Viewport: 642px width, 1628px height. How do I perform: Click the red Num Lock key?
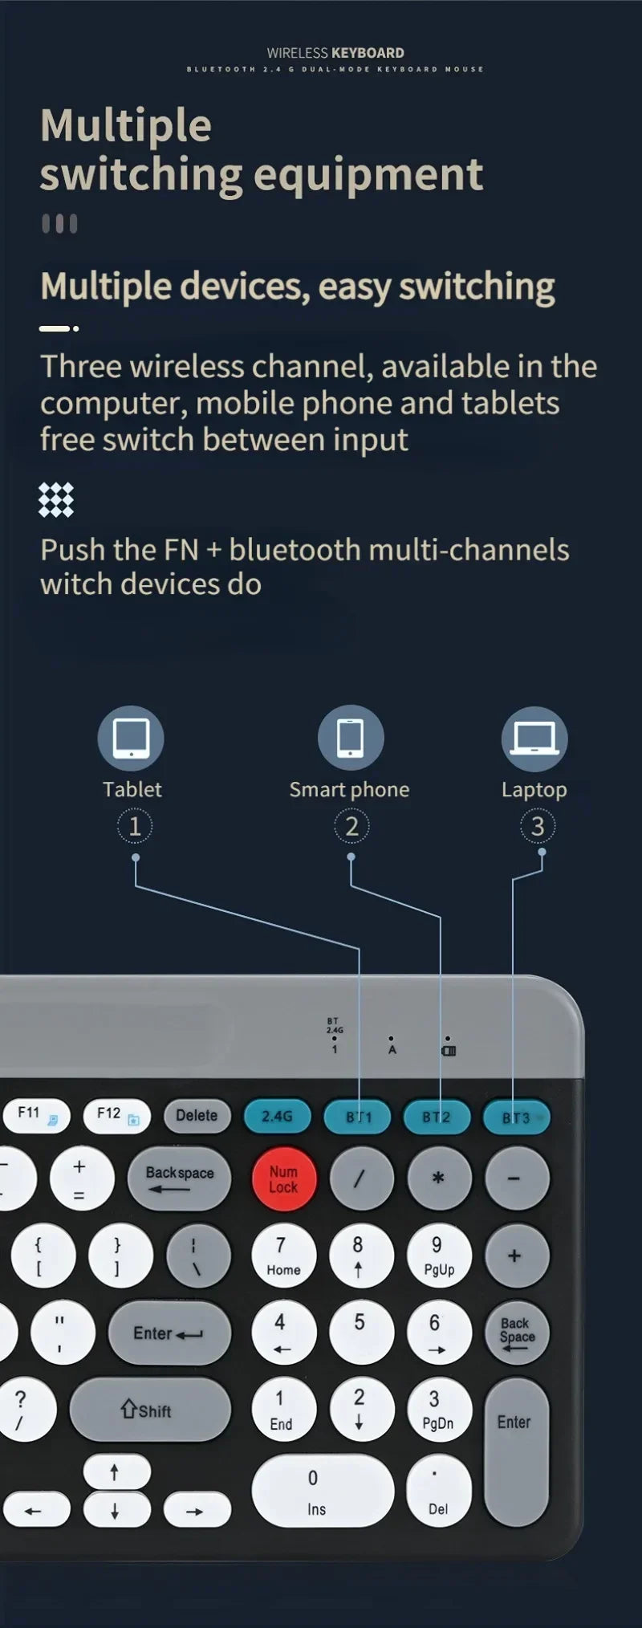point(283,1178)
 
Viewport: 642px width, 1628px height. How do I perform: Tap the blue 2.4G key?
point(277,1116)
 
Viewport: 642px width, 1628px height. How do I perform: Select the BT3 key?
point(516,1117)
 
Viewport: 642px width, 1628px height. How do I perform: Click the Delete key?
point(197,1115)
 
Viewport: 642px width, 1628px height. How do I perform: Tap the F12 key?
point(116,1115)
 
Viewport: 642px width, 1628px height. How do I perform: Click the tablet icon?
point(131,739)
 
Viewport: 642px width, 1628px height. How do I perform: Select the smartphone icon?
point(351,738)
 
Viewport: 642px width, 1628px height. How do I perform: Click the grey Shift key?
point(150,1410)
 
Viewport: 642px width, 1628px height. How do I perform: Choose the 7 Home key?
point(283,1256)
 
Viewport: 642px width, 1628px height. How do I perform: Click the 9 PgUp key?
point(439,1256)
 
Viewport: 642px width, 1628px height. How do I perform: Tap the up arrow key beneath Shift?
point(116,1471)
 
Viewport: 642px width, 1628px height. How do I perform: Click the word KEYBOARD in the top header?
point(368,53)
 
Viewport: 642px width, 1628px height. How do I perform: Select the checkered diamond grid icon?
point(56,499)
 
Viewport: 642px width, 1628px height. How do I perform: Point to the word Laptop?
point(534,790)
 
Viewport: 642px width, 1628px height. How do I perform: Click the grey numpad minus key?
point(518,1178)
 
